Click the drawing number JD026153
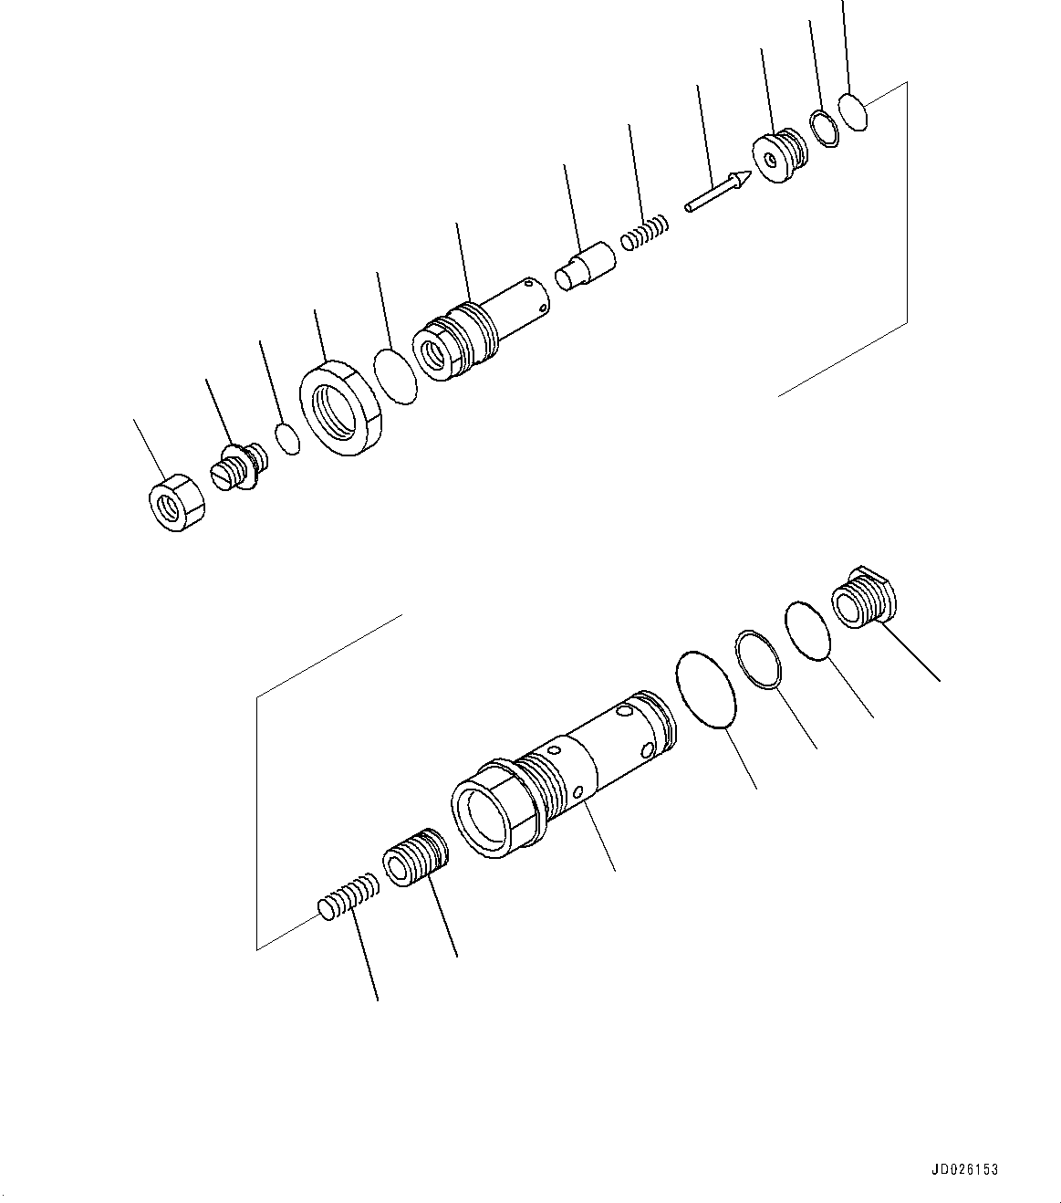tap(965, 1169)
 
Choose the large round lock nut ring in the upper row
tap(339, 407)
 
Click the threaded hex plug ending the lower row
tap(865, 597)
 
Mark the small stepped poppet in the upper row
tap(585, 266)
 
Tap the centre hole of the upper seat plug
tap(772, 161)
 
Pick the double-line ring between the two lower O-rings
tap(759, 658)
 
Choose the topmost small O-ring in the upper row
tap(853, 112)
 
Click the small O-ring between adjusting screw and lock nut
tap(288, 438)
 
